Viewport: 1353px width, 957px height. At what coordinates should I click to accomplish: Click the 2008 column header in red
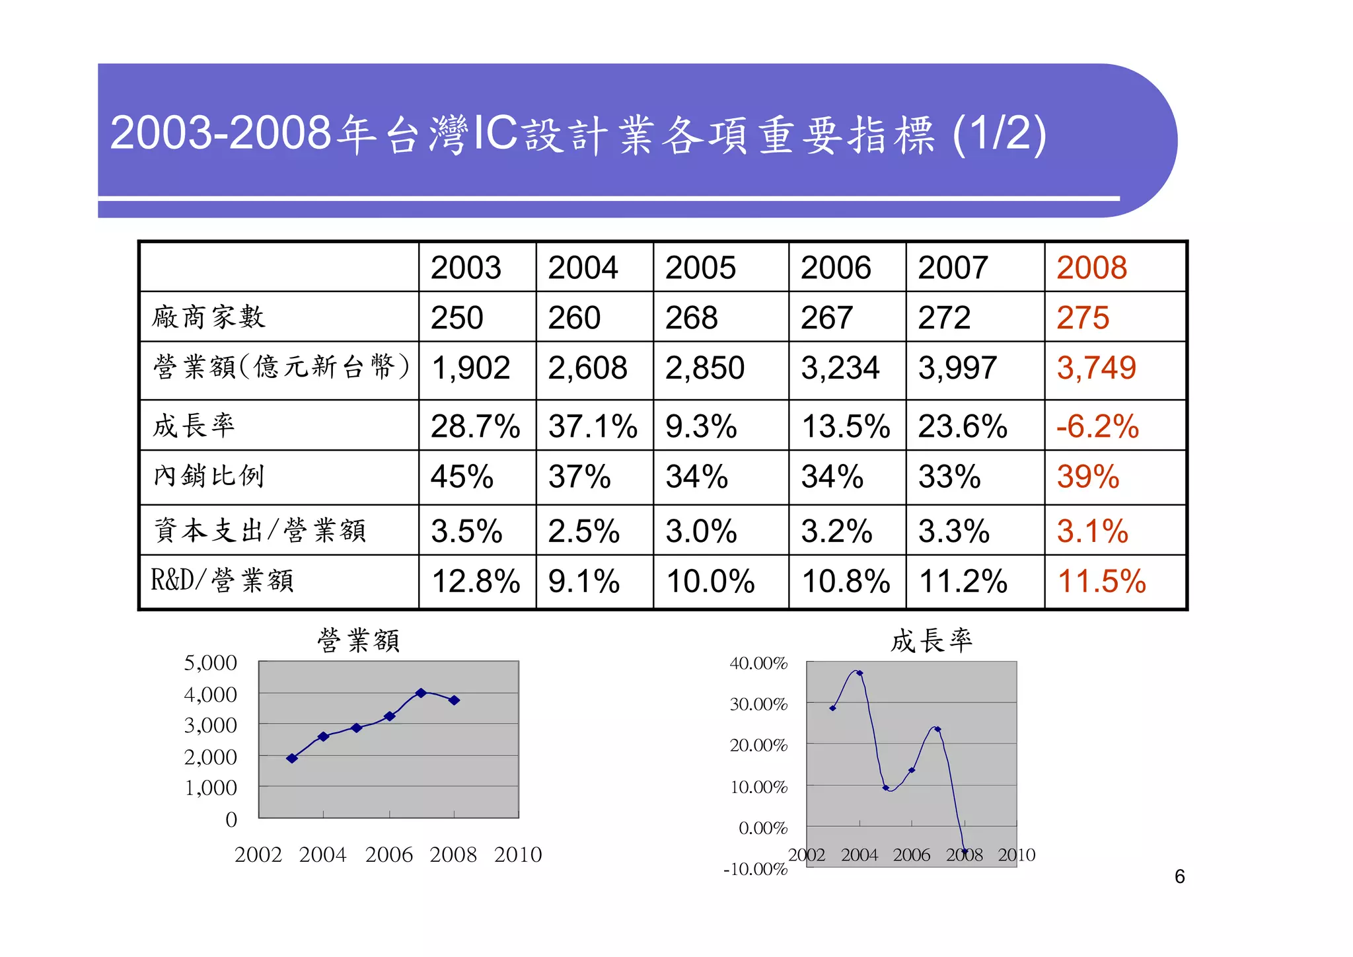(1091, 268)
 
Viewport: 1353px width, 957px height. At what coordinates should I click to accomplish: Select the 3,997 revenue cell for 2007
(957, 368)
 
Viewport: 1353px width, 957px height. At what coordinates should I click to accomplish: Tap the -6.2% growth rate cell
(1097, 426)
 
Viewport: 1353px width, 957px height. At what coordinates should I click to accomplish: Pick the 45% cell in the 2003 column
(462, 477)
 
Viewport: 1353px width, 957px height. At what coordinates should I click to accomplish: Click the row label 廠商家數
(209, 317)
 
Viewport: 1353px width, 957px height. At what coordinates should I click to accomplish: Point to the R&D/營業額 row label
(222, 580)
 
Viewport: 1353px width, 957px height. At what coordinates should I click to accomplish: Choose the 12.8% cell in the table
(476, 582)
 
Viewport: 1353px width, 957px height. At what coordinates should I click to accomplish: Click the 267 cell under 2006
(826, 318)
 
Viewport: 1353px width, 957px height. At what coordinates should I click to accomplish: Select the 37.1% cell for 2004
(593, 426)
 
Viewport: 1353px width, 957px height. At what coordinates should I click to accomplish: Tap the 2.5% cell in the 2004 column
(584, 531)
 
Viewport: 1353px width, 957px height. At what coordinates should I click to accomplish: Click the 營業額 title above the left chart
(358, 640)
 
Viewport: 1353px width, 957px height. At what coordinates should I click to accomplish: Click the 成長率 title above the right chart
(931, 640)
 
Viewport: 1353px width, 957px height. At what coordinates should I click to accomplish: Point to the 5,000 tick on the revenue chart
(210, 663)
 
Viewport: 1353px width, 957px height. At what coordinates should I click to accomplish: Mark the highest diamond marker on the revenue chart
(421, 693)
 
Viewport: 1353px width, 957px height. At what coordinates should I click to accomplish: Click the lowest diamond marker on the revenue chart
(292, 758)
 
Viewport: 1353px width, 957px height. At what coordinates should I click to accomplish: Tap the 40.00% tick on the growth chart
(758, 664)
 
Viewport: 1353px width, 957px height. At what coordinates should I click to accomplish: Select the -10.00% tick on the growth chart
(755, 869)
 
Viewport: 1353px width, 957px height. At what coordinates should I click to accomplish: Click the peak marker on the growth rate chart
(859, 673)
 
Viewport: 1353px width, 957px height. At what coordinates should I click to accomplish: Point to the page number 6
(1179, 877)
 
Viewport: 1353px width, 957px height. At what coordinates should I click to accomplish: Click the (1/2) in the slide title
(999, 134)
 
